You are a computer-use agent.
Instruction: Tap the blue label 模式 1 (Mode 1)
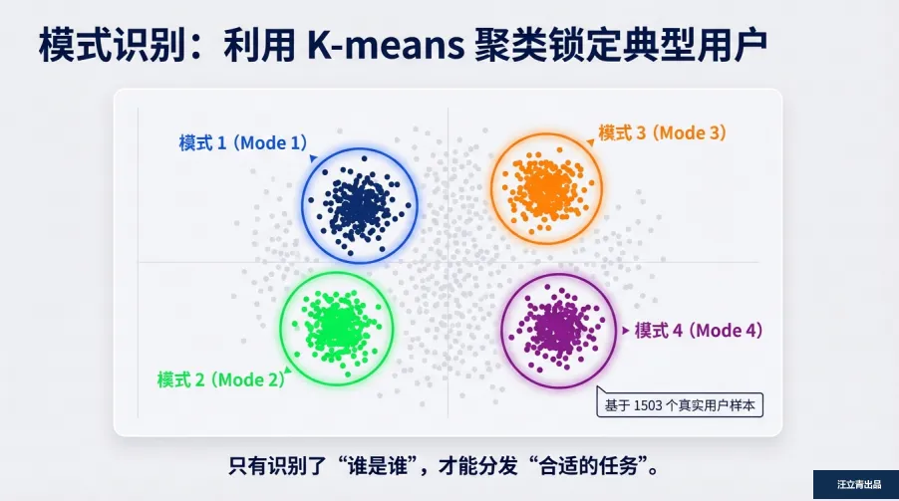click(243, 142)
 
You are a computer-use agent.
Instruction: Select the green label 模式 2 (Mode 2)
click(220, 378)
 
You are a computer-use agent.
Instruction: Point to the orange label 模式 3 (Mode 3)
click(662, 131)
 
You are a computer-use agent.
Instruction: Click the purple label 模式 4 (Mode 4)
click(699, 330)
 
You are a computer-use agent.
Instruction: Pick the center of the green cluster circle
click(336, 326)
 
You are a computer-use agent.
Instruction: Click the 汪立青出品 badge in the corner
click(855, 485)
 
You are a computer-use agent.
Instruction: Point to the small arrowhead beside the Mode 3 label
click(591, 142)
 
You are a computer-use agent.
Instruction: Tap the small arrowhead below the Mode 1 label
click(312, 157)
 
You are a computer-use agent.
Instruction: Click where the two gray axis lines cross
click(448, 262)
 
